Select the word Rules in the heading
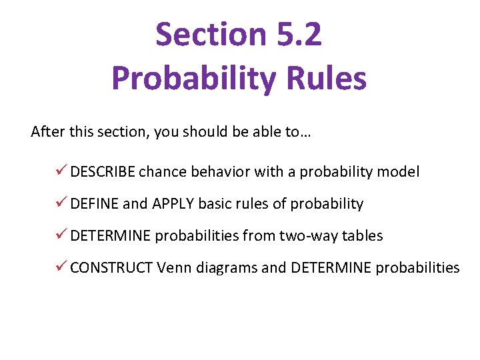(331, 79)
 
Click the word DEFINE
(94, 204)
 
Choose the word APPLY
(173, 204)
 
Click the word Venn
(175, 268)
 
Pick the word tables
(363, 236)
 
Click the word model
(399, 172)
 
